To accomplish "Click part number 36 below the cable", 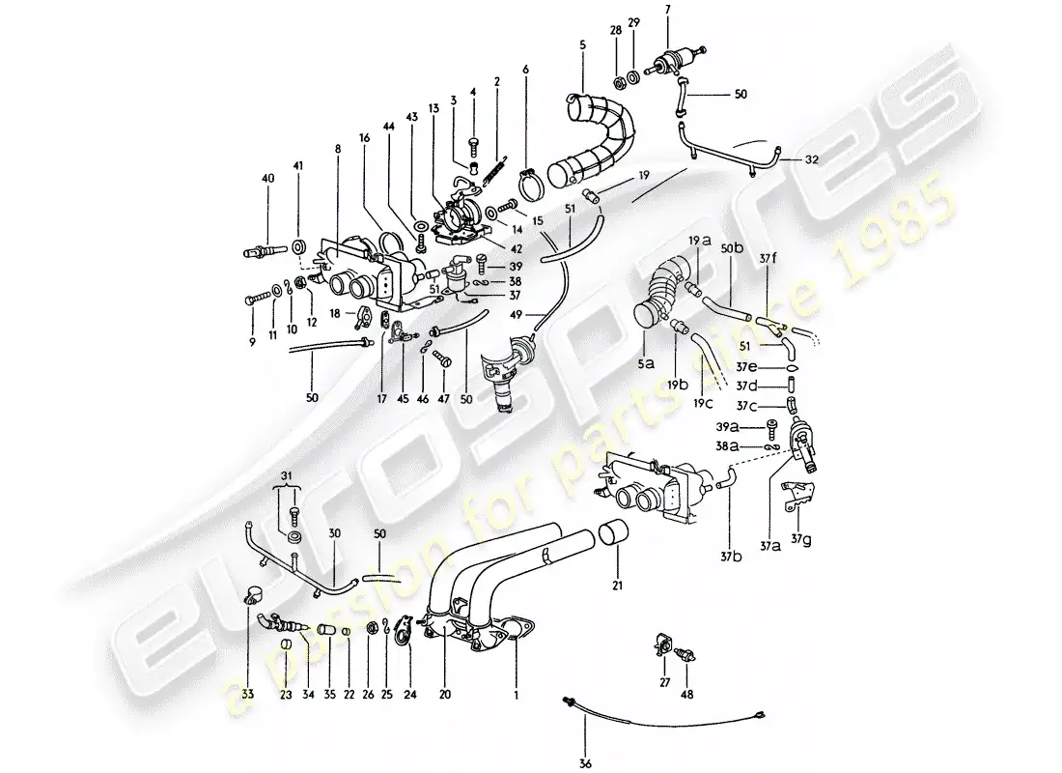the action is (586, 763).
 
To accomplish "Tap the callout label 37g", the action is (802, 540).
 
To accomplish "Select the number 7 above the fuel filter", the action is (668, 10).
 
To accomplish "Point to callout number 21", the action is (617, 585).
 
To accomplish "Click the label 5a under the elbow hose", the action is (646, 363).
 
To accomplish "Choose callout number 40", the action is (268, 179).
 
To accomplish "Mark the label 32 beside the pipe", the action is (811, 160).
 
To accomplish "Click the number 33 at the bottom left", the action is (247, 694).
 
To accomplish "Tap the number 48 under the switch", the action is (686, 694).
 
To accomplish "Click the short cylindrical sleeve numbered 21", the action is (612, 534).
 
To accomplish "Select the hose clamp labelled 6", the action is (532, 182).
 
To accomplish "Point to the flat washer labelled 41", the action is (298, 244).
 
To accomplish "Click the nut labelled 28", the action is (618, 83).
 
